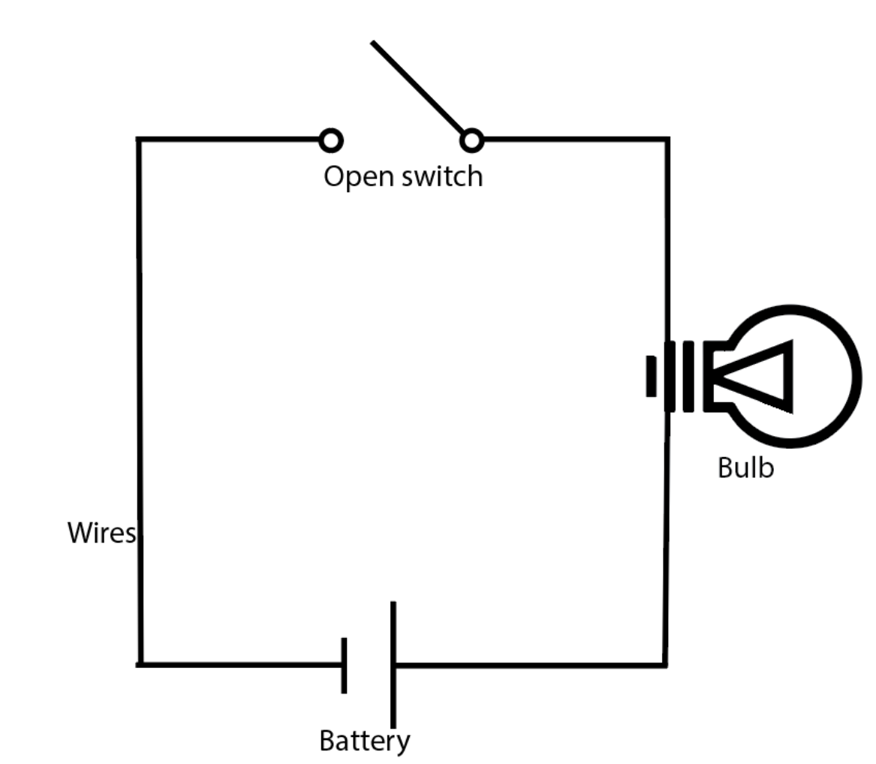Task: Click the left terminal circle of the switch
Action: tap(331, 140)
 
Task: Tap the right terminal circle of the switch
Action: tap(471, 140)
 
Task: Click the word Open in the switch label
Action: tap(351, 177)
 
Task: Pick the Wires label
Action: tap(101, 533)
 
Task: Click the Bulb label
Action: tap(745, 468)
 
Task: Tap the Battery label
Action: tap(365, 741)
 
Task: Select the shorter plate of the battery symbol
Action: tap(345, 665)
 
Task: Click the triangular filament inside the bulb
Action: tap(758, 376)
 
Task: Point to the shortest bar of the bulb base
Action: tap(652, 376)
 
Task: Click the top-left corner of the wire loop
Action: tap(139, 140)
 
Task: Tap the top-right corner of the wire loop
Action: tap(667, 140)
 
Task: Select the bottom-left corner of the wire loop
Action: tap(140, 664)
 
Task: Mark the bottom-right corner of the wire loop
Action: tap(665, 664)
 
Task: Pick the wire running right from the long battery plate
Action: tap(525, 664)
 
